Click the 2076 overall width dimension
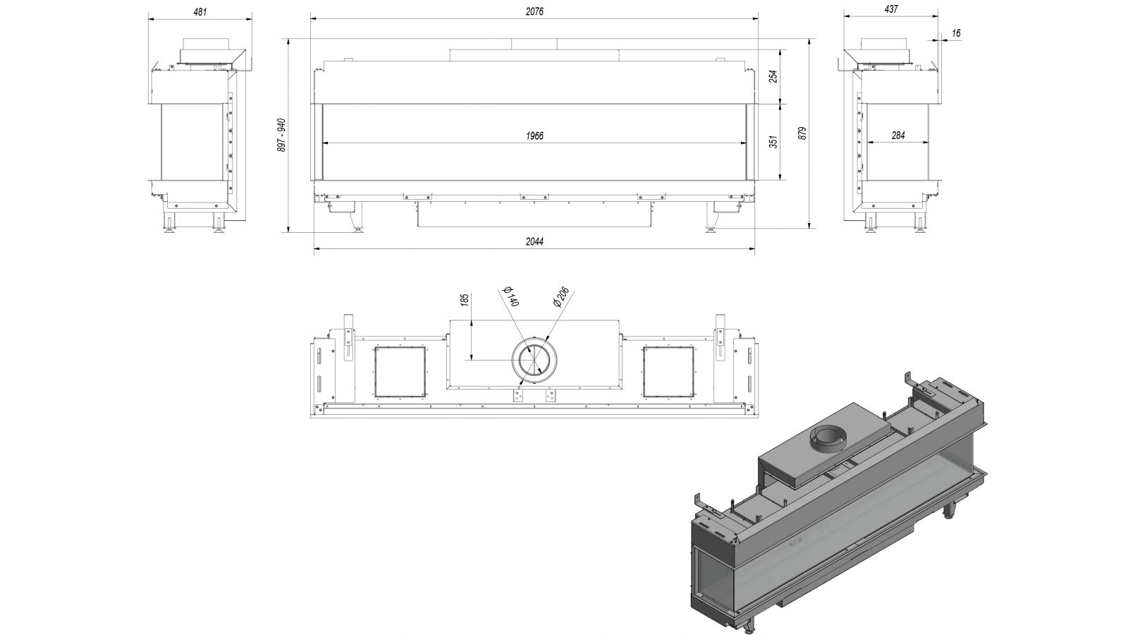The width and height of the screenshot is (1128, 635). pos(534,11)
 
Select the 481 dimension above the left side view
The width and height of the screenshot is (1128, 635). pos(200,11)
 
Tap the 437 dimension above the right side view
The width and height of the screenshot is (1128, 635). pos(891,9)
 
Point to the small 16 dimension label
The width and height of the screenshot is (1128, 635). pos(956,33)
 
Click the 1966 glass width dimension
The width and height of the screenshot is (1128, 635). pos(534,136)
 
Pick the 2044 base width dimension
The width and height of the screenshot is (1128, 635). pos(534,241)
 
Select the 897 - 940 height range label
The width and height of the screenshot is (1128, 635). pos(282,135)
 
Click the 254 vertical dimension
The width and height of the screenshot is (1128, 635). pos(774,76)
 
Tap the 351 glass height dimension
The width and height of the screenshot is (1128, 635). pos(774,142)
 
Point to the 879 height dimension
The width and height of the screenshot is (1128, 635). pos(803,133)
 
